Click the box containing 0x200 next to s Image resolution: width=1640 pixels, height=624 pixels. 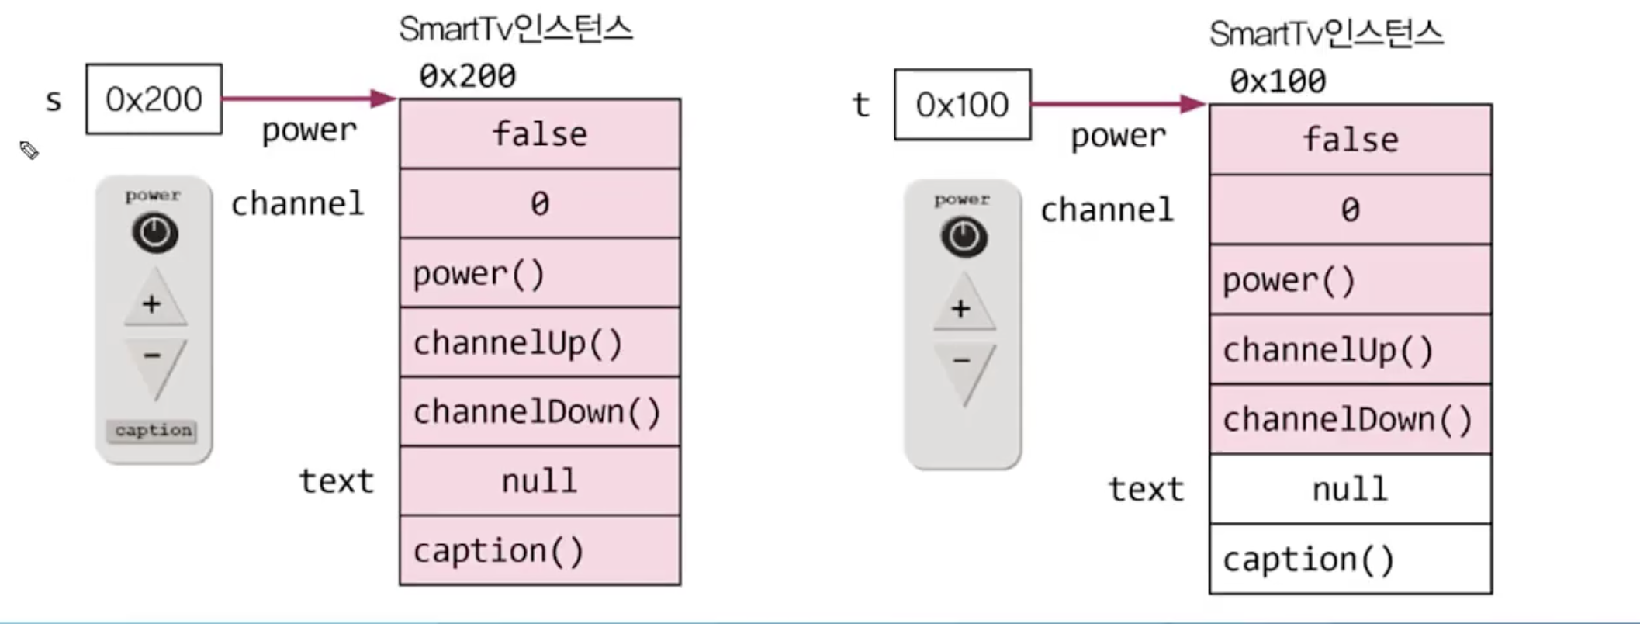(154, 99)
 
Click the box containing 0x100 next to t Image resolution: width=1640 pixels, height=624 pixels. (963, 105)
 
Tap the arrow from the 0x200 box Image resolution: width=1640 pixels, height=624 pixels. (310, 99)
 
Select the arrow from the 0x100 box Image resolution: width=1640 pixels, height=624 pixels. (1119, 103)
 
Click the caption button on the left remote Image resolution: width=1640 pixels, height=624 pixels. (152, 431)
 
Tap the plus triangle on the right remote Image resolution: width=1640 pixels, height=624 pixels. (963, 303)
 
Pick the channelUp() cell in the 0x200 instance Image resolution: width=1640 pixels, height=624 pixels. (540, 342)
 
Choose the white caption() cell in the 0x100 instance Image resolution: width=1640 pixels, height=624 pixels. (1351, 559)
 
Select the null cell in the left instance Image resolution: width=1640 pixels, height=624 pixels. (540, 481)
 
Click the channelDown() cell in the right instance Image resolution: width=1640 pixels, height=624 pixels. (1351, 419)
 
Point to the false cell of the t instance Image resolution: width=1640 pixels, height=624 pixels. (1351, 140)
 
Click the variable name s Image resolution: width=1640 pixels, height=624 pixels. (54, 101)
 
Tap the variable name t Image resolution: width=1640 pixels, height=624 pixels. (861, 105)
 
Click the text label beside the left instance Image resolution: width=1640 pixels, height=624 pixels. (337, 481)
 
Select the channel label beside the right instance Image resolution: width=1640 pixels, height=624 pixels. (1107, 210)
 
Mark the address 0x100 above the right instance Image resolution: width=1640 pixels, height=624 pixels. (1278, 81)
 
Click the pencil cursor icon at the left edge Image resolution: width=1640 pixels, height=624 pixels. (29, 150)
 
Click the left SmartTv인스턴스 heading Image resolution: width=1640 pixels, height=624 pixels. (516, 29)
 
